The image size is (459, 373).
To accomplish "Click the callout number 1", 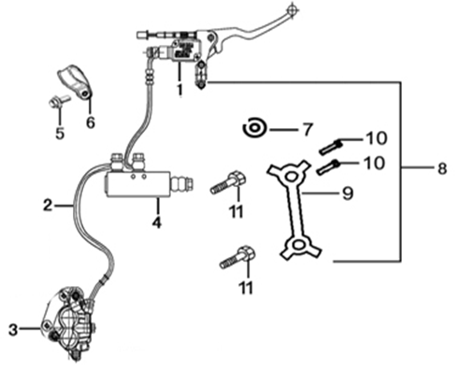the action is click(179, 89).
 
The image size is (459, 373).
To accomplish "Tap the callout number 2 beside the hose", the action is click(48, 205).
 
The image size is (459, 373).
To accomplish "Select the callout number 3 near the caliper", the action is click(13, 329).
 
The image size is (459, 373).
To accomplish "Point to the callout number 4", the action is click(157, 222).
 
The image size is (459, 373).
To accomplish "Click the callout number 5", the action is click(60, 133).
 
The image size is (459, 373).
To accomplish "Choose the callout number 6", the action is click(90, 122).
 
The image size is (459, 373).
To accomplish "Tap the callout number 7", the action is click(307, 129).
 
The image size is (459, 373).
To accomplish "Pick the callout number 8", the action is click(442, 168).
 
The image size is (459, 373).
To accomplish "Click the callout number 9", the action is click(348, 194).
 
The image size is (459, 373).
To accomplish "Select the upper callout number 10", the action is click(377, 138).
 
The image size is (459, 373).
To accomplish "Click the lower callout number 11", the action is click(246, 287).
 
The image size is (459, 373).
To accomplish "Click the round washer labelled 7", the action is click(255, 128).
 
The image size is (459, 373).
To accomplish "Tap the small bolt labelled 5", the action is click(59, 101).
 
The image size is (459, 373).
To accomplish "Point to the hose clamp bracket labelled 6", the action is click(76, 81).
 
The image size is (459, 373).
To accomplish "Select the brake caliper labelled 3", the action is click(69, 323).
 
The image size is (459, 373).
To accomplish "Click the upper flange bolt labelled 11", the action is click(228, 182).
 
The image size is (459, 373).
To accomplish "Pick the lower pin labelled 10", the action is click(328, 167).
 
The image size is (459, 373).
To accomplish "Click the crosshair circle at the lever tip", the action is click(292, 9).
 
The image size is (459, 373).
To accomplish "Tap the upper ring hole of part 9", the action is click(291, 177).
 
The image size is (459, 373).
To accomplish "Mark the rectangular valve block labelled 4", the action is click(137, 184).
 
